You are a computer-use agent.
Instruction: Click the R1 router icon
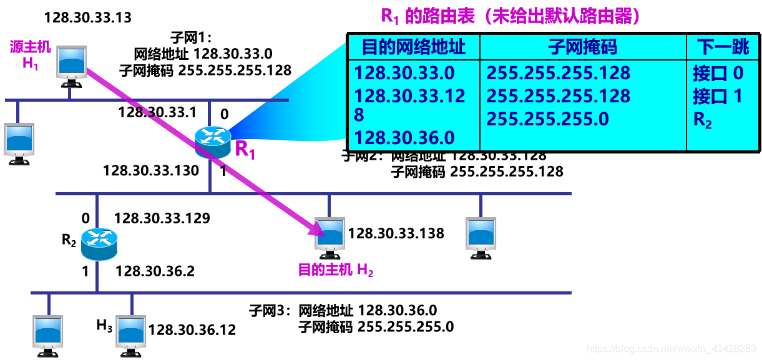coord(212,141)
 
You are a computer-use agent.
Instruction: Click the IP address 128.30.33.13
coord(88,17)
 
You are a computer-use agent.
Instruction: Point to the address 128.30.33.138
coord(396,233)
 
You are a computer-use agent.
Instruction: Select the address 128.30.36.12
coord(192,330)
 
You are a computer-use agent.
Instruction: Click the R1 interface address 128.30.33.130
coord(151,170)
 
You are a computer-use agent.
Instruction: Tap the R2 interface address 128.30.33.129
coord(162,218)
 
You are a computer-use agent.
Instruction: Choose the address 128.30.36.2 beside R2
coord(155,271)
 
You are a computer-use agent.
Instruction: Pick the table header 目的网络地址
coord(414,47)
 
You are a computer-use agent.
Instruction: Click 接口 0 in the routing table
coord(718,74)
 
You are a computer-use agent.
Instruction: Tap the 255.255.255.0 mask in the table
coord(547,119)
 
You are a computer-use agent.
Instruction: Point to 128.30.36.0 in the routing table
coord(404,137)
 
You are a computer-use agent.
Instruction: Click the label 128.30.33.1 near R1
coord(157,112)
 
